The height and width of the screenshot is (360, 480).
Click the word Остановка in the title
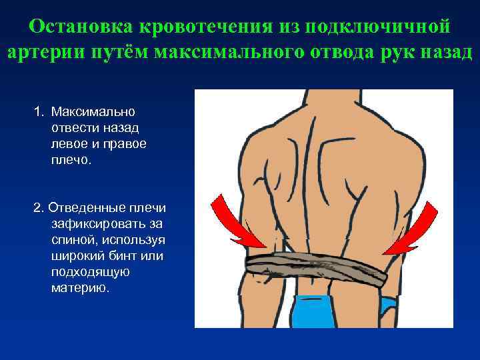[80, 28]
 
